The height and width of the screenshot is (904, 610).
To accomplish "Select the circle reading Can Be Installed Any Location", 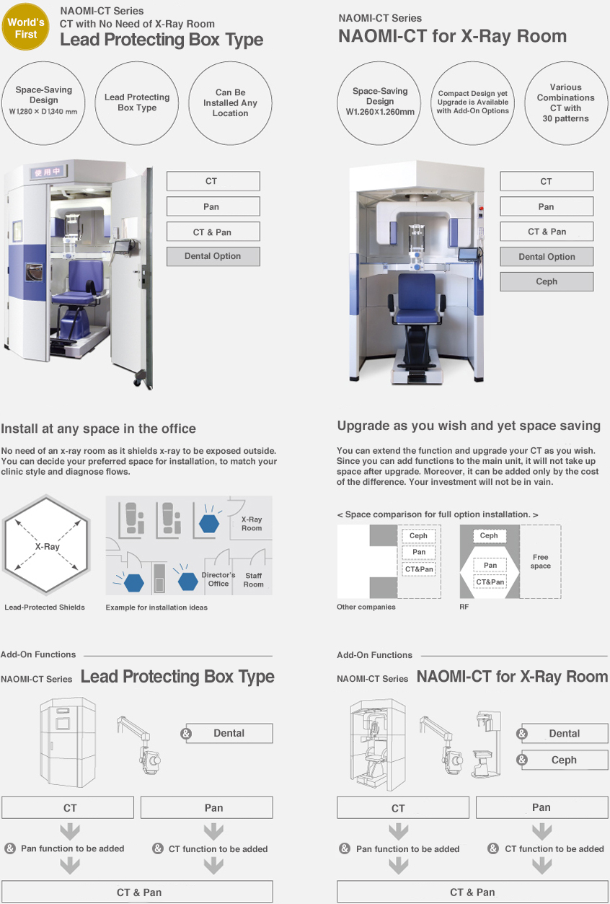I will coord(230,103).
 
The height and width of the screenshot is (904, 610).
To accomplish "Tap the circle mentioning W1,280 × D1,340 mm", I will coord(44,101).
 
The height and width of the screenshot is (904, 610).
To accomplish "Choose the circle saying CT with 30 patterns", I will coord(565,103).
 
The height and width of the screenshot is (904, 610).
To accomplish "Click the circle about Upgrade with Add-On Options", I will coord(473,103).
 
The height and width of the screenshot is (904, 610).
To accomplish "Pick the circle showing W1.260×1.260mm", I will coord(380,102).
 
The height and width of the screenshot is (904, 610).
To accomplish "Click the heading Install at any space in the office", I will coord(98,429).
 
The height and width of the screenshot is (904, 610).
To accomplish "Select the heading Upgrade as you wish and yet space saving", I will coord(469,426).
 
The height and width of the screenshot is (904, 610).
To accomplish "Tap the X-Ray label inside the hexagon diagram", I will coord(47,546).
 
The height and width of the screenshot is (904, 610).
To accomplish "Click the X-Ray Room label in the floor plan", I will coord(252,524).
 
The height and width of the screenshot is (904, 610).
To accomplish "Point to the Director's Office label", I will coord(218,579).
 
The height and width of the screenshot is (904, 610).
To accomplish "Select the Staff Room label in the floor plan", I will coord(253,579).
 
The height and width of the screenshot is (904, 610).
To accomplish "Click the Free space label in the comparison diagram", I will coord(540,561).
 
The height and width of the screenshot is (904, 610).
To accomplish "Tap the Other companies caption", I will coord(366,607).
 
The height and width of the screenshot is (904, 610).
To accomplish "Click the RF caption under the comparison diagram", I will coord(464,607).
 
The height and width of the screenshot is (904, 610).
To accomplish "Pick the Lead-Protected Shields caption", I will coord(45,607).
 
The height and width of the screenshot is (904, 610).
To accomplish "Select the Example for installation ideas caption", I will coord(156,607).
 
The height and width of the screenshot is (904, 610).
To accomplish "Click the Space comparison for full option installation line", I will coord(438,514).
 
